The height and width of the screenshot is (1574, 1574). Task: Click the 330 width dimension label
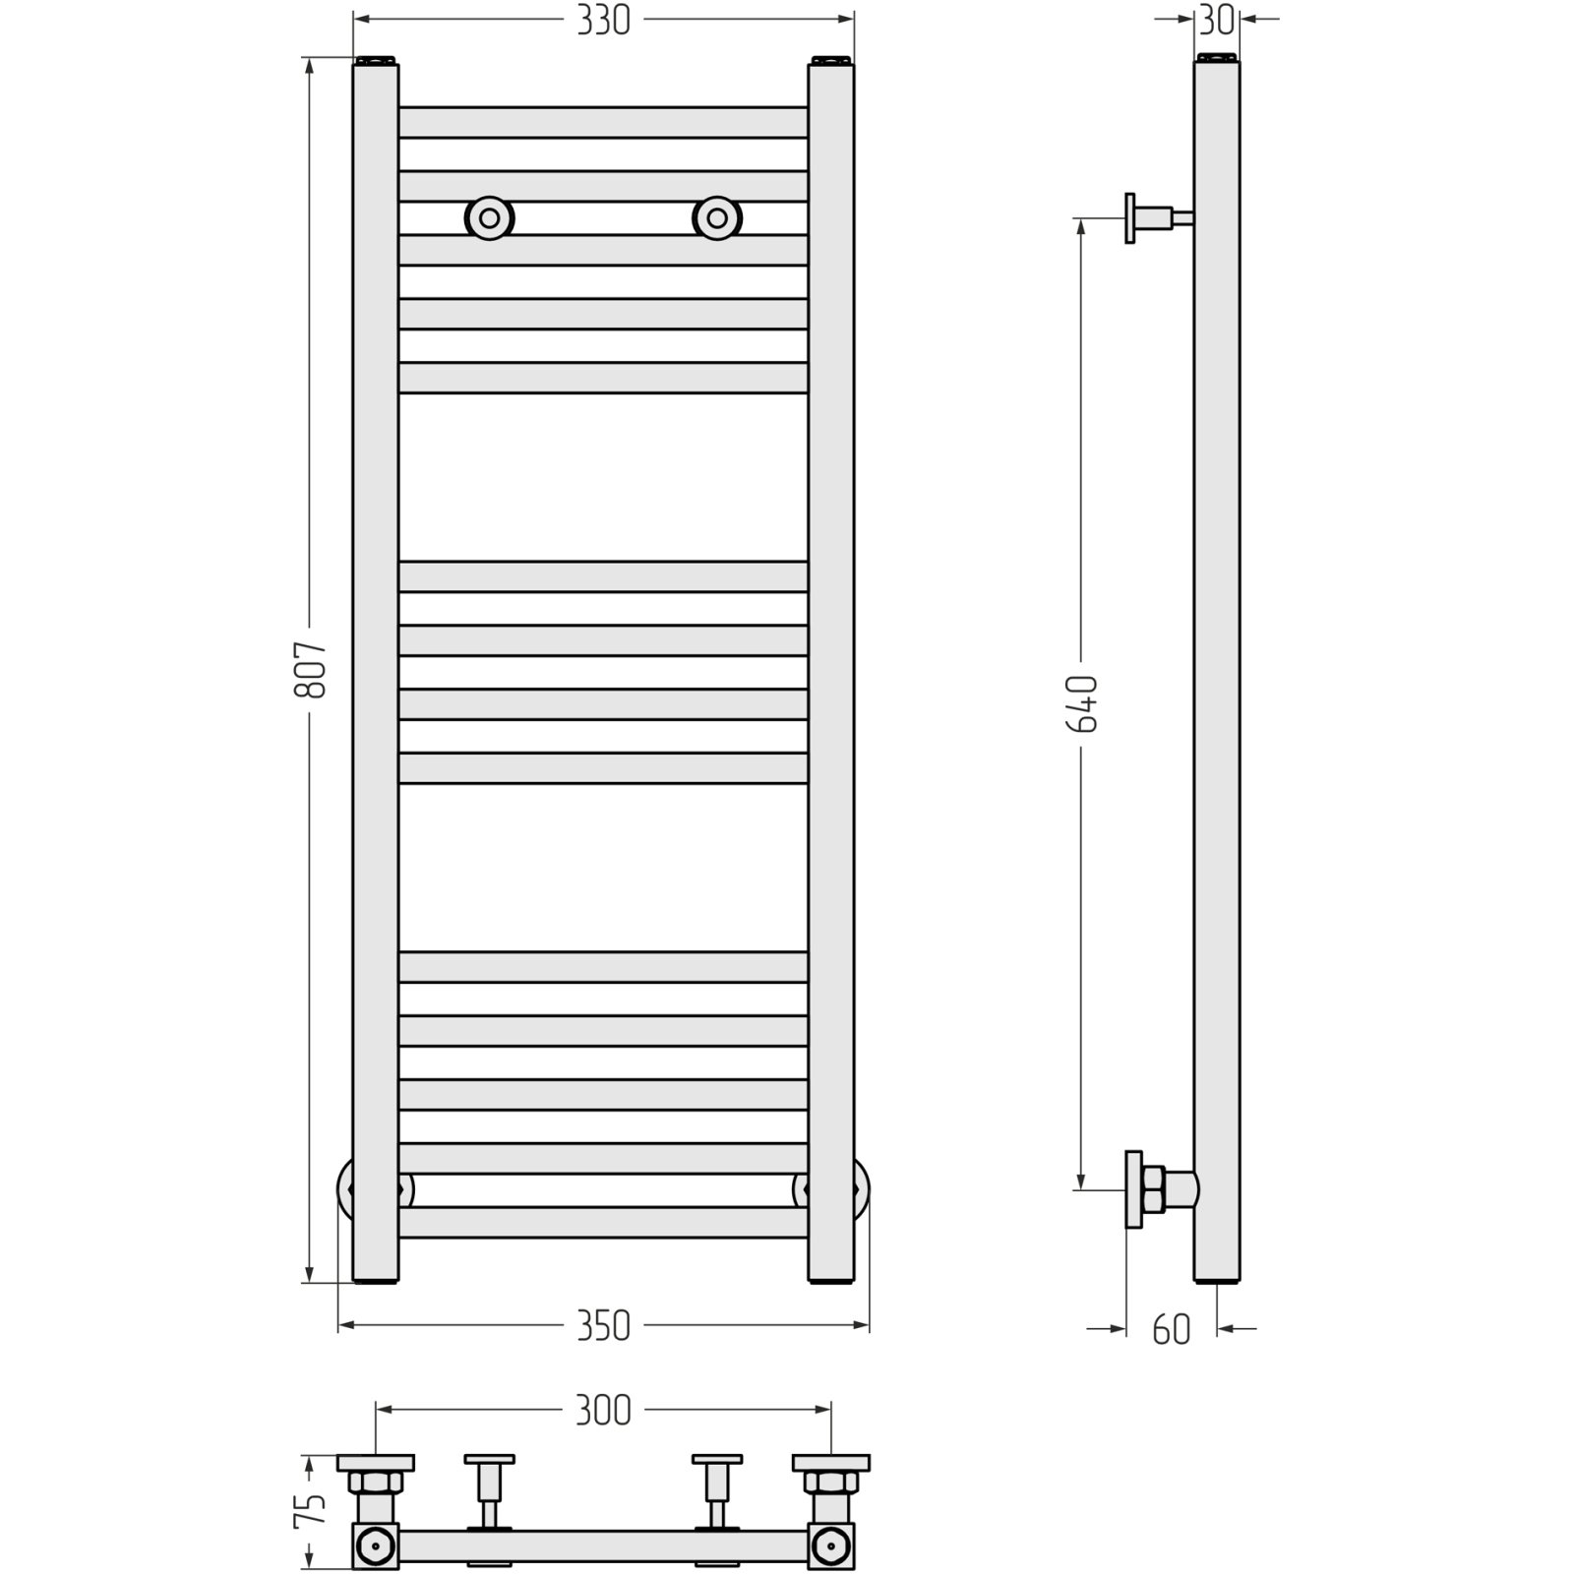(x=603, y=21)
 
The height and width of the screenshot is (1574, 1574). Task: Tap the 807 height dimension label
(x=310, y=670)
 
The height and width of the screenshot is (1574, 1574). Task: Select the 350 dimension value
(x=603, y=1326)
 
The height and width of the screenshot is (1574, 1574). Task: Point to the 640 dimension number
(x=1082, y=703)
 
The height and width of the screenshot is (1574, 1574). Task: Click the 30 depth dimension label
(x=1217, y=21)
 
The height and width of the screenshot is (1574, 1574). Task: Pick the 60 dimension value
(x=1171, y=1330)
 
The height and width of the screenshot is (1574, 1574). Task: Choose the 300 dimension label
(x=603, y=1411)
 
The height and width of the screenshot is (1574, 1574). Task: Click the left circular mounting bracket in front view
(x=489, y=217)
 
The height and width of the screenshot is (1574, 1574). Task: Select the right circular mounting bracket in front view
(x=717, y=217)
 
